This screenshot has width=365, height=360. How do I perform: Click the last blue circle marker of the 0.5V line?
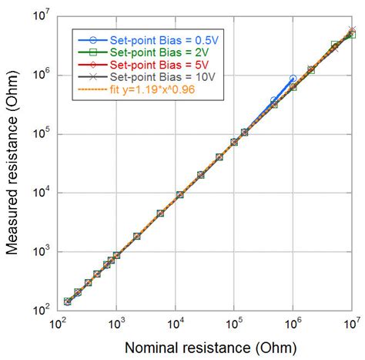coord(293,79)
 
